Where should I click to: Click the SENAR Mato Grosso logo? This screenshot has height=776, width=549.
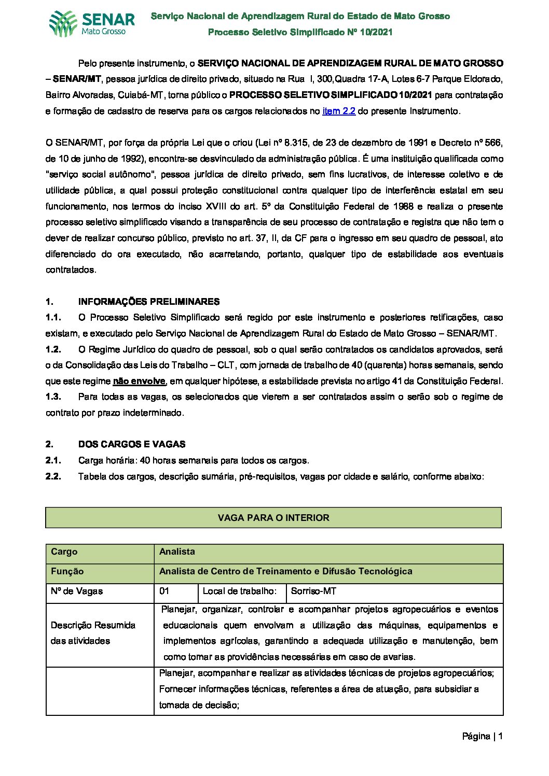click(92, 23)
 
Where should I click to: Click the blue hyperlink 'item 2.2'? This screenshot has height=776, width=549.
click(338, 111)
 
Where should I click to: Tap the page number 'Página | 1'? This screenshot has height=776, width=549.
click(482, 736)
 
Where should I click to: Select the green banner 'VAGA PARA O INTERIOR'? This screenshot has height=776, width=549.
click(273, 517)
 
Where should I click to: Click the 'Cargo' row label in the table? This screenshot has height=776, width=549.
click(64, 552)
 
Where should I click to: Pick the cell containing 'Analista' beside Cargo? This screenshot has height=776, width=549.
click(177, 552)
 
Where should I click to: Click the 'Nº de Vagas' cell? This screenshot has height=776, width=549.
click(77, 591)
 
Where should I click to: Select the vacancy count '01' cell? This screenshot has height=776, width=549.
click(164, 591)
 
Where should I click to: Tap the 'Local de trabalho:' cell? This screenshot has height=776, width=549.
click(239, 591)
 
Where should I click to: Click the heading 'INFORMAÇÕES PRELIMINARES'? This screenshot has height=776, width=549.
click(149, 302)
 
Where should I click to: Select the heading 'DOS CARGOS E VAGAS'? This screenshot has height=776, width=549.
click(132, 444)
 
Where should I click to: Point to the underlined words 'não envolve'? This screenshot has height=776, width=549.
click(139, 381)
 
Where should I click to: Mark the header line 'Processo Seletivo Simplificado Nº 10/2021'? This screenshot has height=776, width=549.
click(300, 32)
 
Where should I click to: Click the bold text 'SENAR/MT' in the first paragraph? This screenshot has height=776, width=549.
click(77, 79)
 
